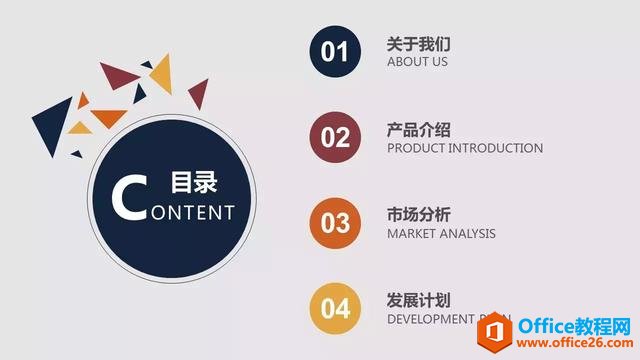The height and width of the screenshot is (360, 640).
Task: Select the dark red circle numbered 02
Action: coord(335,138)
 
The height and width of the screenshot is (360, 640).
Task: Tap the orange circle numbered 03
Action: coord(335,223)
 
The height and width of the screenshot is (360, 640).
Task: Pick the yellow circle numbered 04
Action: coord(335,309)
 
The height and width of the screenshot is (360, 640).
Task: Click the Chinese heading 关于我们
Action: coord(419,44)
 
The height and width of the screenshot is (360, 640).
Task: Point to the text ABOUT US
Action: coord(417,62)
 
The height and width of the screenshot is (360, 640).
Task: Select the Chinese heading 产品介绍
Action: coord(419,130)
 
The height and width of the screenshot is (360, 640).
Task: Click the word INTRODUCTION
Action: coord(496,148)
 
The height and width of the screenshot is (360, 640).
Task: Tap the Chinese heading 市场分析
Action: coord(419,215)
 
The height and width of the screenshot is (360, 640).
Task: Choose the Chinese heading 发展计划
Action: coord(419,300)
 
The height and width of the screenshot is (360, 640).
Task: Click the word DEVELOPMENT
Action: coord(431,319)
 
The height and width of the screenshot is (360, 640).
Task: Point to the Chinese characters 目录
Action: coord(193,183)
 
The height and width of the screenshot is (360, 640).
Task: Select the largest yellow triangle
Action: coord(159,71)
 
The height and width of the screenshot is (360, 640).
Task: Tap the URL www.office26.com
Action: coord(576,342)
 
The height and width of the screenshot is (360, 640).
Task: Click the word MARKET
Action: coord(411,234)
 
